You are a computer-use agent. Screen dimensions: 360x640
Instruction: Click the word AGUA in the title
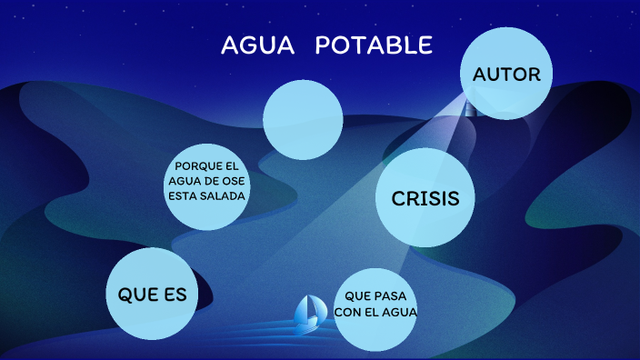(258, 45)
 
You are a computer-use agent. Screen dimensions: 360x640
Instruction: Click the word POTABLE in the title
(374, 45)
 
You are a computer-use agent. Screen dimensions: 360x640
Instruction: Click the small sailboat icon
(308, 311)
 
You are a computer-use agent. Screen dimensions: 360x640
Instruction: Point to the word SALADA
(225, 195)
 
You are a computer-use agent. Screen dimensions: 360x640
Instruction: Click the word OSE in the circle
(234, 180)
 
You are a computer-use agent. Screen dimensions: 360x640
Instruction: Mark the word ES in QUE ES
(175, 295)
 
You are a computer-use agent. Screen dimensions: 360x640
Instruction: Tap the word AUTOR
(506, 75)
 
